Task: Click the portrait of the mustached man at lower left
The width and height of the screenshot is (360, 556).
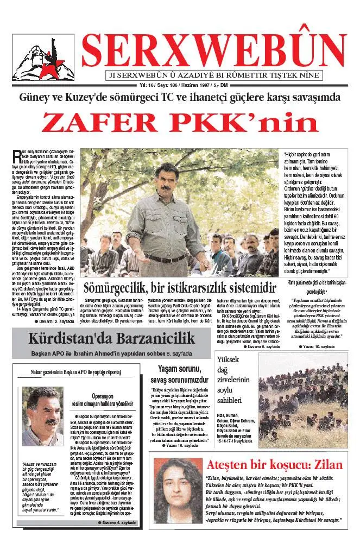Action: (x=42, y=415)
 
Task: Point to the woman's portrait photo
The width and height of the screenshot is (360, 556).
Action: (x=177, y=491)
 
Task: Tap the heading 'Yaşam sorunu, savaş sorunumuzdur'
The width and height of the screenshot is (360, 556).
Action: (x=179, y=374)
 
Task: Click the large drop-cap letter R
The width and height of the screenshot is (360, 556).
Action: (x=16, y=156)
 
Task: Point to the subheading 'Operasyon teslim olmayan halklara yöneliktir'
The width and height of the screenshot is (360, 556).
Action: (x=103, y=400)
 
